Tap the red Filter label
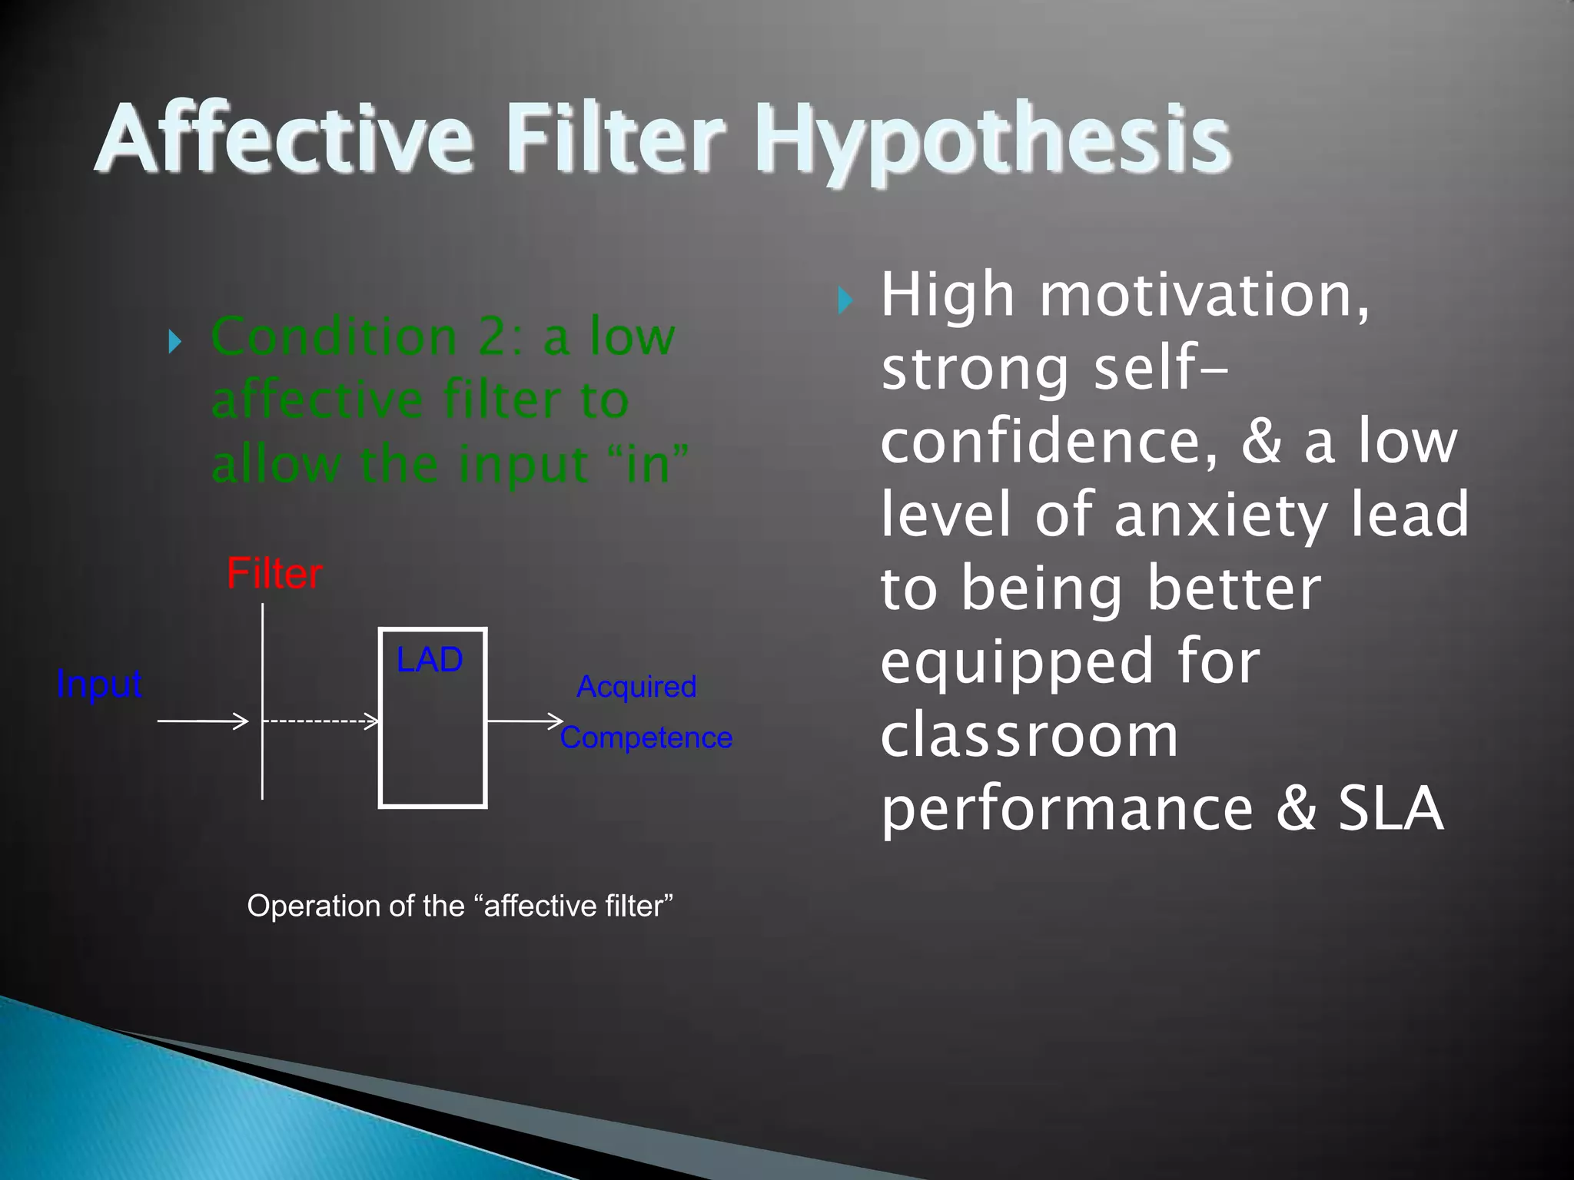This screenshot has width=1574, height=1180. (x=274, y=574)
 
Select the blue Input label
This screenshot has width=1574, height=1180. (x=99, y=684)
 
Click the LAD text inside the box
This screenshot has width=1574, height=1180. (x=429, y=660)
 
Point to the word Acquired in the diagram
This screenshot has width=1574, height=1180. (x=636, y=687)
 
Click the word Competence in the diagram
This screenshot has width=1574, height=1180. (x=646, y=737)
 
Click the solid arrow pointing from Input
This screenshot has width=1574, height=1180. (x=202, y=721)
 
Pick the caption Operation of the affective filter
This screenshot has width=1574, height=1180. (x=460, y=906)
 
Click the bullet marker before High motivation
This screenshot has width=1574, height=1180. (x=845, y=300)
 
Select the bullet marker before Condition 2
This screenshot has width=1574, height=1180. (x=174, y=341)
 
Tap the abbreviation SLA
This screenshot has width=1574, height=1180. (x=1391, y=808)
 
